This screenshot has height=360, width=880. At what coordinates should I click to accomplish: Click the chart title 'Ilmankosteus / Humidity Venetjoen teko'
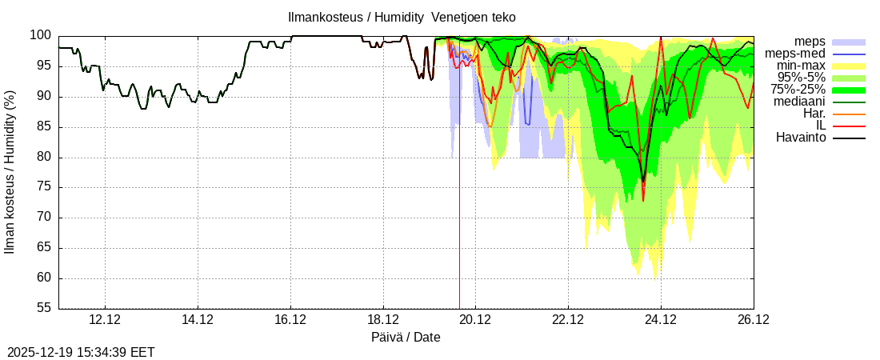(x=402, y=18)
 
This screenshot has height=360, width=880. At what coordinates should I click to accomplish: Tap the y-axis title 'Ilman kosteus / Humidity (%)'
(x=10, y=172)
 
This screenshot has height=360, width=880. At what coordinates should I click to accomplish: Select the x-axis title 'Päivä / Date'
(x=406, y=338)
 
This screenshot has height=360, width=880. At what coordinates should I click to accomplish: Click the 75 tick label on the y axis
(x=44, y=187)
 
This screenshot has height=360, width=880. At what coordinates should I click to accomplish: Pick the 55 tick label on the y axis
(x=44, y=309)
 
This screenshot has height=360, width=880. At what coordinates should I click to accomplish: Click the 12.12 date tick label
(x=105, y=320)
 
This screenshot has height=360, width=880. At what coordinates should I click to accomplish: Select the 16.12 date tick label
(x=290, y=320)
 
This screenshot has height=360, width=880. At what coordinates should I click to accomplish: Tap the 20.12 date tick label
(x=475, y=320)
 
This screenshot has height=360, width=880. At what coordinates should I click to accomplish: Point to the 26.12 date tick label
(x=753, y=320)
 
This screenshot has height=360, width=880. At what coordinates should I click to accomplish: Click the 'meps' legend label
(x=810, y=42)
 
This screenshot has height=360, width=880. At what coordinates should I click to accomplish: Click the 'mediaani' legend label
(x=799, y=102)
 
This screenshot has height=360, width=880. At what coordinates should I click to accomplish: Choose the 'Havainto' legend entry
(x=801, y=138)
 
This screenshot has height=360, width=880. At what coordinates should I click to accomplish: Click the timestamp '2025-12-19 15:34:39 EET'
(x=81, y=352)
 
